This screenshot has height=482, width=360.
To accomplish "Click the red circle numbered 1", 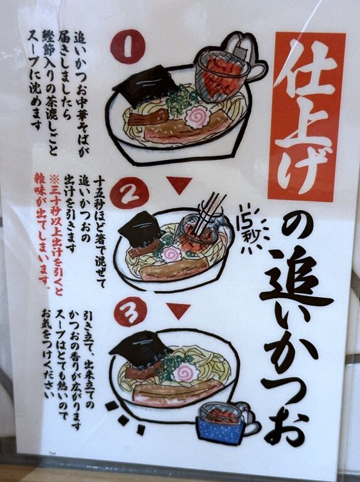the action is click(x=127, y=46).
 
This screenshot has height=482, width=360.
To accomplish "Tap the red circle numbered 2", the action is click(x=129, y=193).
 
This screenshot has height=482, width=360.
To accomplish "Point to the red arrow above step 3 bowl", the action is click(x=178, y=311).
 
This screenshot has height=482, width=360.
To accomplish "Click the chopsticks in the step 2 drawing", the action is click(x=210, y=212).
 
